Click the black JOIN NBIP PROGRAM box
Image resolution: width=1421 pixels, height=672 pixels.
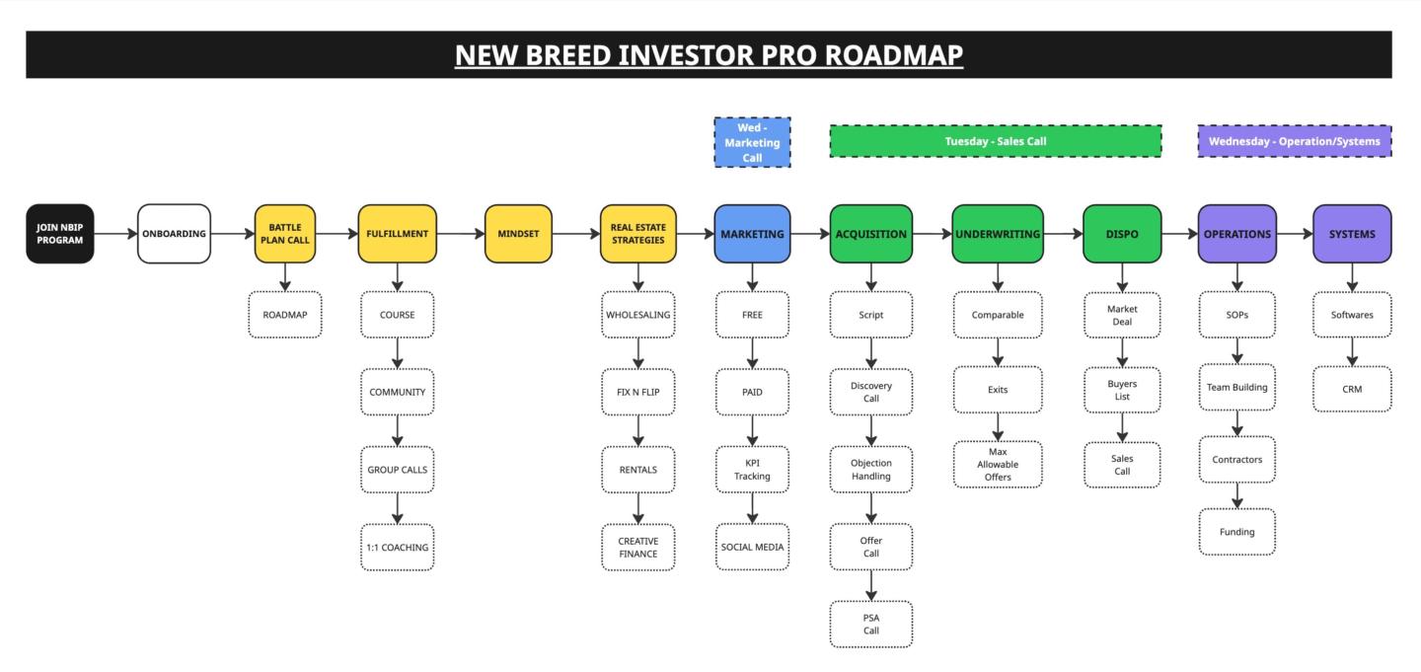(59, 234)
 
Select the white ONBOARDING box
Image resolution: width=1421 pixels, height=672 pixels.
(174, 234)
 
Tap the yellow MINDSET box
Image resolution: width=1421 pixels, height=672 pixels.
(518, 234)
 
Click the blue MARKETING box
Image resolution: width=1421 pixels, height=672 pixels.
(752, 234)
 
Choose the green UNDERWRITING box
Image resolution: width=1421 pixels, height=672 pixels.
(998, 234)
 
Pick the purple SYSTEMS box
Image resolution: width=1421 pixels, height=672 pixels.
(1352, 234)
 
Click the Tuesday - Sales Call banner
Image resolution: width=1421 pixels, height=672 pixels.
(996, 141)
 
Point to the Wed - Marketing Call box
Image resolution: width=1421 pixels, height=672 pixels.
(752, 142)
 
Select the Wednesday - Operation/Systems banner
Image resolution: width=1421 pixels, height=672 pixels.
(1294, 141)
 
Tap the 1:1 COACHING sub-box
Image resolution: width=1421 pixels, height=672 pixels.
(397, 547)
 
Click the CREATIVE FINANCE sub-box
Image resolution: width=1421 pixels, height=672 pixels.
(638, 547)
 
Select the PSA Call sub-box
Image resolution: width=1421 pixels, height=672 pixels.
(871, 625)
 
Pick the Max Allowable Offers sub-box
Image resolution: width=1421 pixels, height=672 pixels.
(998, 465)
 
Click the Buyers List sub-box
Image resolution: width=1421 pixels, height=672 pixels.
(1122, 390)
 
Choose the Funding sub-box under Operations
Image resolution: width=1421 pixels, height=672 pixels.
(1237, 532)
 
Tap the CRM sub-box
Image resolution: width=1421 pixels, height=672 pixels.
(1352, 389)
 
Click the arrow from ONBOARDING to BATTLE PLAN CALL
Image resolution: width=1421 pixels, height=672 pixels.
(233, 234)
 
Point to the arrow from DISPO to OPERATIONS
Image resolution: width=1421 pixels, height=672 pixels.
(1180, 234)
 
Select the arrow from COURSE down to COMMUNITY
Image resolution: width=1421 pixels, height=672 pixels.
(397, 353)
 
